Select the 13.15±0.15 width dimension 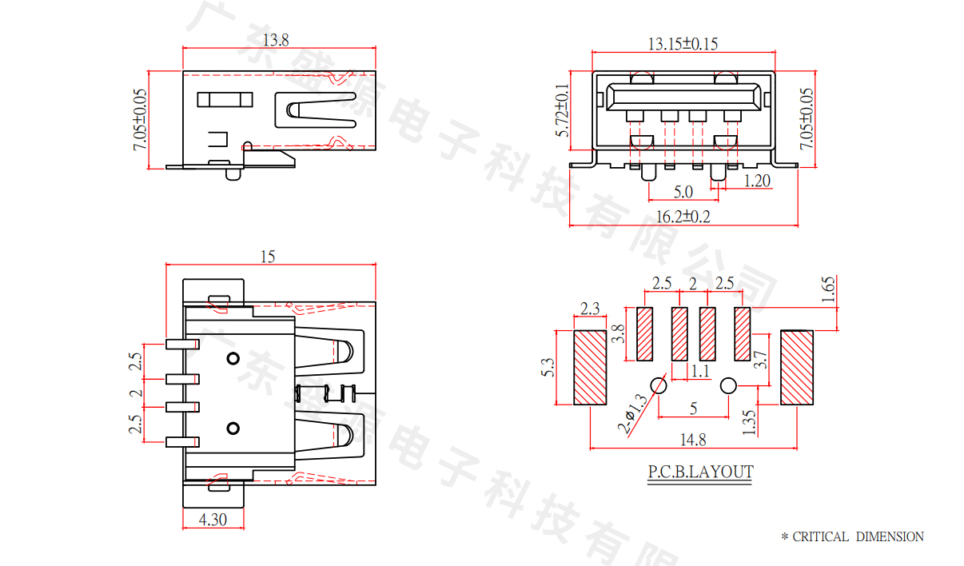click(x=682, y=43)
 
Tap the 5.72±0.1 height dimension click(x=563, y=110)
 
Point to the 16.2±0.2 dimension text click(x=683, y=217)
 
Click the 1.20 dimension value click(x=756, y=181)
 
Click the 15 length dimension click(x=268, y=256)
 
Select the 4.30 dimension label click(x=213, y=519)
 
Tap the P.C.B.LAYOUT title click(x=700, y=472)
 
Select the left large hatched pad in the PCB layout click(x=591, y=367)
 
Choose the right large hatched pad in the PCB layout click(x=796, y=367)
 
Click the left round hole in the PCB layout click(x=659, y=385)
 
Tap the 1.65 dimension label click(x=828, y=288)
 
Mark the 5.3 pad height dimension click(x=548, y=367)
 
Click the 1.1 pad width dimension click(x=699, y=371)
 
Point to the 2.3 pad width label click(x=590, y=308)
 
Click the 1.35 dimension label click(x=748, y=422)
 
